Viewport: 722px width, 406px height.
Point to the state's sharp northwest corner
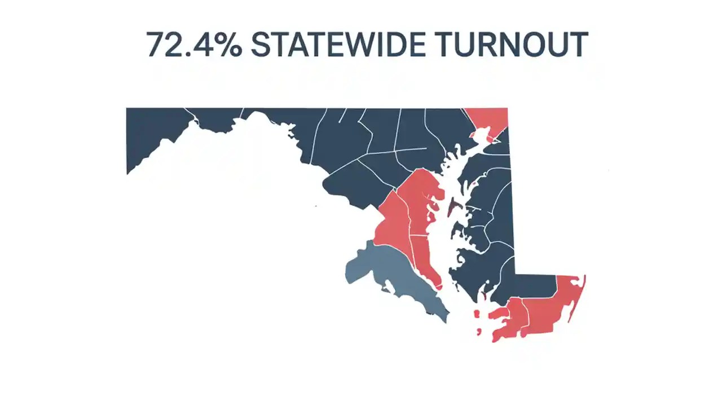(x=126, y=108)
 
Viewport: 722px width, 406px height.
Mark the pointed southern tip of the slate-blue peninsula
(x=447, y=321)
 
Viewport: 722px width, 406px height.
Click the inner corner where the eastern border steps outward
(x=515, y=275)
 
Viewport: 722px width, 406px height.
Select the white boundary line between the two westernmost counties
(x=192, y=115)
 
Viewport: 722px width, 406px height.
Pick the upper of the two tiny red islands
(x=477, y=314)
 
